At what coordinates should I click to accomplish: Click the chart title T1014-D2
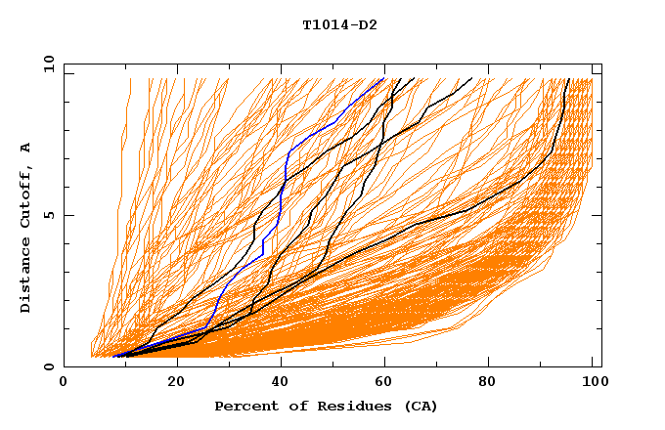click(x=339, y=25)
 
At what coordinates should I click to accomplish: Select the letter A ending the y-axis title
click(x=26, y=147)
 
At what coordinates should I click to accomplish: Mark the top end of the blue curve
click(x=382, y=79)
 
